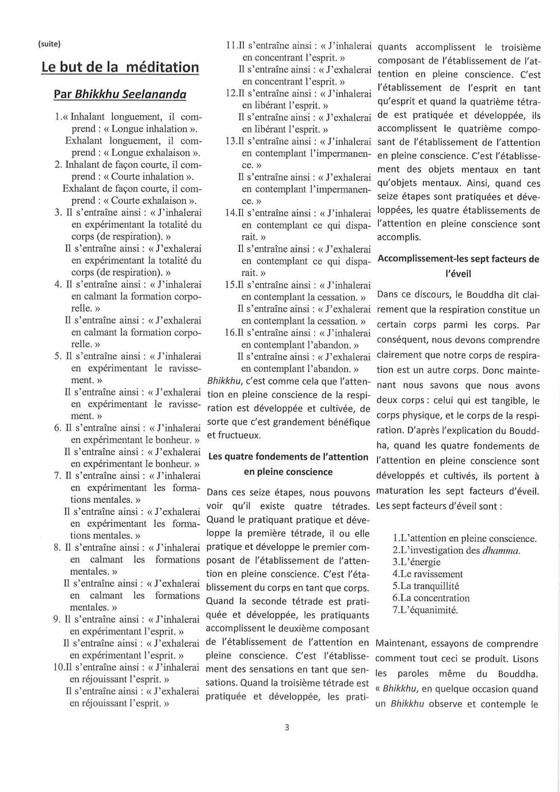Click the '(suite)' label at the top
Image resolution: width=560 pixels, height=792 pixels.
click(50, 44)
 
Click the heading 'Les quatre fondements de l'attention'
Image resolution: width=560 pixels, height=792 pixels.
click(288, 457)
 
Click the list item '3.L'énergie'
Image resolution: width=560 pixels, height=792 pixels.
click(416, 562)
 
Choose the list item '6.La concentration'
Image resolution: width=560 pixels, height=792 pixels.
click(431, 598)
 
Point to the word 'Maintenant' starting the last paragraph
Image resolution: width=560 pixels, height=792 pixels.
click(398, 644)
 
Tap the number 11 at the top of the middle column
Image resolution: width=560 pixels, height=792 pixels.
click(230, 46)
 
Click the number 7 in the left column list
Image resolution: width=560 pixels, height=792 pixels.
click(57, 476)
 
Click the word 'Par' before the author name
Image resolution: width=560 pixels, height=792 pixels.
click(62, 94)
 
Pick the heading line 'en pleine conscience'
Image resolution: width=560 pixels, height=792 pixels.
click(288, 472)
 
